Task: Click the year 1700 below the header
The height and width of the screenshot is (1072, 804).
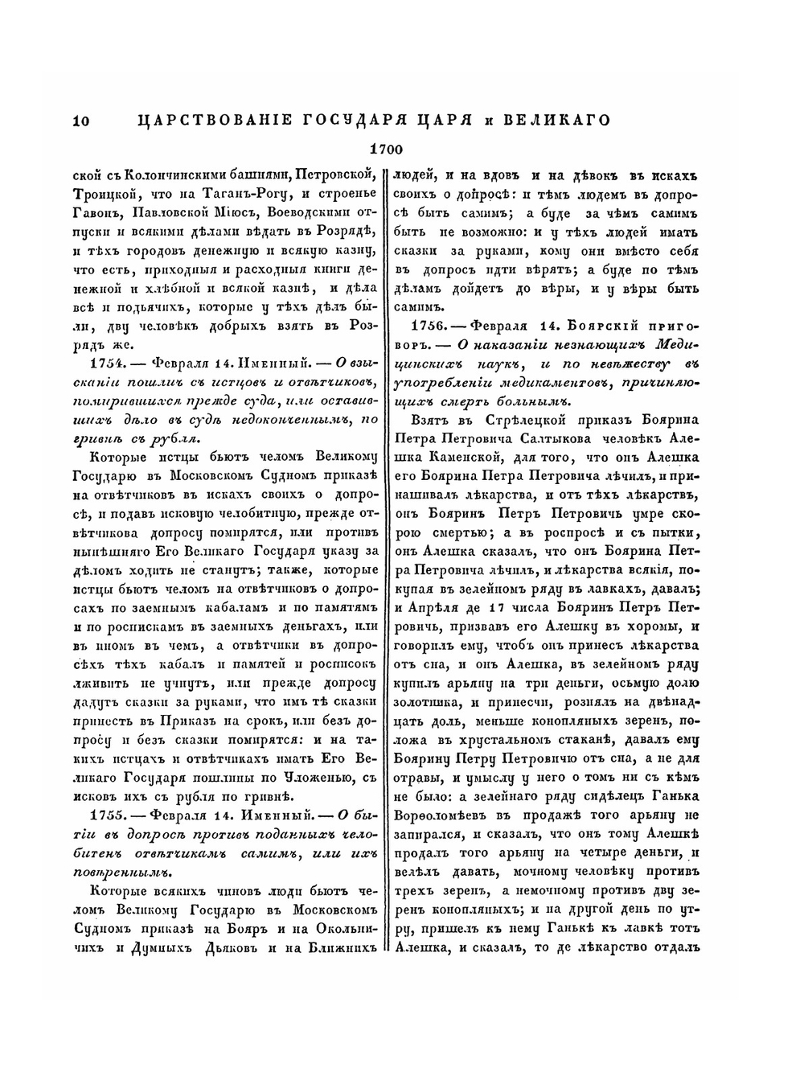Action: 385,149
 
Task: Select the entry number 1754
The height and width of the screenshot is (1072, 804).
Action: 106,362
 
